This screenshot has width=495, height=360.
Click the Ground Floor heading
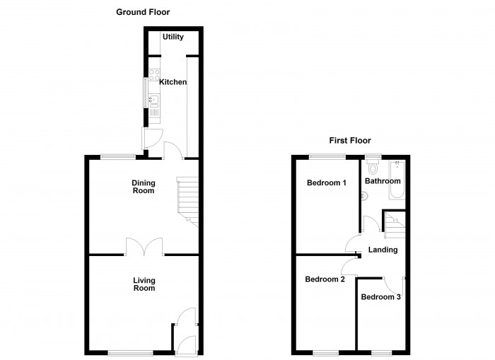pos(143,12)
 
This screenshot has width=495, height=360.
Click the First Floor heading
pos(350,140)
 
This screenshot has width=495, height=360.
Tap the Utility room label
pos(173,37)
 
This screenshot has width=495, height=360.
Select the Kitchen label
pos(173,82)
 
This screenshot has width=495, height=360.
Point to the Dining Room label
pos(144,187)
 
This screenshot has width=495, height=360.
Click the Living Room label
pos(144,284)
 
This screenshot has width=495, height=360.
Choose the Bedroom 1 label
pos(327,182)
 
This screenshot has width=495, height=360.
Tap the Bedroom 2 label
pos(325,279)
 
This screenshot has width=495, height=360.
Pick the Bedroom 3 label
pos(380,297)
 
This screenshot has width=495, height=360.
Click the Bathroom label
pos(383,181)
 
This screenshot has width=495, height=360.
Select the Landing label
pos(383,250)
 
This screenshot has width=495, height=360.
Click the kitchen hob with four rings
pos(154,75)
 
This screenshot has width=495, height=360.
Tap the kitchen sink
pos(154,100)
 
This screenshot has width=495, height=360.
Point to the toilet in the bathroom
pos(373,166)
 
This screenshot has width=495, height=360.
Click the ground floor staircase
pos(188,202)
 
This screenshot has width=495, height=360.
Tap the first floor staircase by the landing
pos(395,225)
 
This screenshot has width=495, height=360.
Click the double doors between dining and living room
pos(144,247)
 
